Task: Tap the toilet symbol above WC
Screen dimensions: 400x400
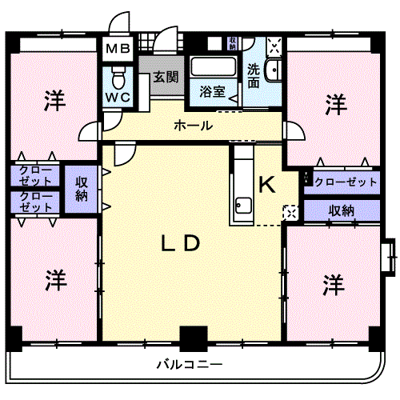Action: [x=118, y=78]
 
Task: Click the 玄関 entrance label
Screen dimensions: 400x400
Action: [x=165, y=78]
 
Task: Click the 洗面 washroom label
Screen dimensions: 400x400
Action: [x=254, y=75]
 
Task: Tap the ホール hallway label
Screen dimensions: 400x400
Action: [x=193, y=126]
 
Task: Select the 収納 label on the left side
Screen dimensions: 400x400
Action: [x=82, y=190]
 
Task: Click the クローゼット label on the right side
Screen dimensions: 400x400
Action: [x=346, y=182]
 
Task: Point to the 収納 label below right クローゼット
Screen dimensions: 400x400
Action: [x=341, y=210]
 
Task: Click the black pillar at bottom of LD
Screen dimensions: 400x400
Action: [x=192, y=338]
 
